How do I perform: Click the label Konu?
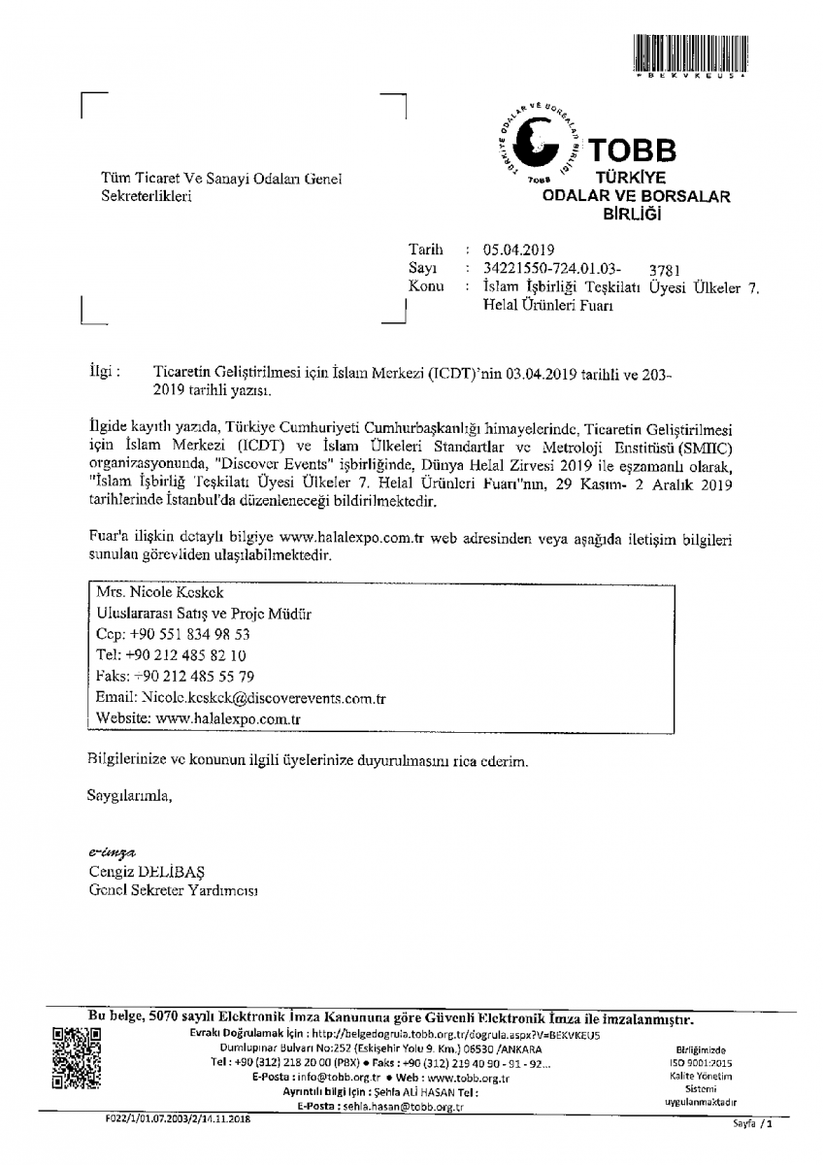click(427, 286)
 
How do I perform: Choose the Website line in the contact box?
click(199, 718)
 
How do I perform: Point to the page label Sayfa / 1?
click(753, 1124)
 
